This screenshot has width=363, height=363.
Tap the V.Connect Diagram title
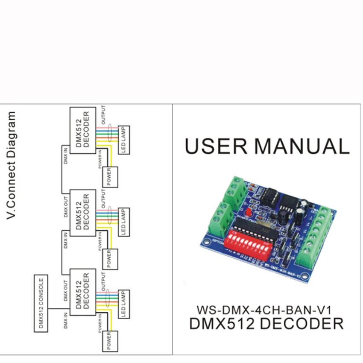13,167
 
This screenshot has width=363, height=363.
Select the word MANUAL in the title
302,146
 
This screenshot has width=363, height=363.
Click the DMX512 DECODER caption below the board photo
266,323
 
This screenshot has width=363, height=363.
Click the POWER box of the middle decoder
109,258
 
